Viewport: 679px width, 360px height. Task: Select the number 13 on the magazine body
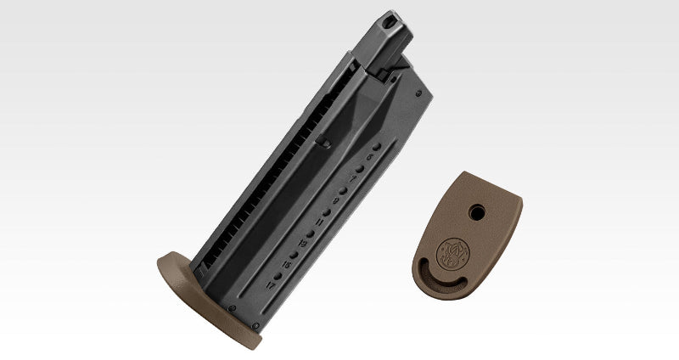pos(303,244)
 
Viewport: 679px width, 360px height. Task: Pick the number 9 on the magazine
pos(336,200)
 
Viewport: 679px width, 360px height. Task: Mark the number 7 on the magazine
pos(351,178)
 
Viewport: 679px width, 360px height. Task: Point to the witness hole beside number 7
pos(361,168)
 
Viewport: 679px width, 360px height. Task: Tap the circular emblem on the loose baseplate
pos(451,251)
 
